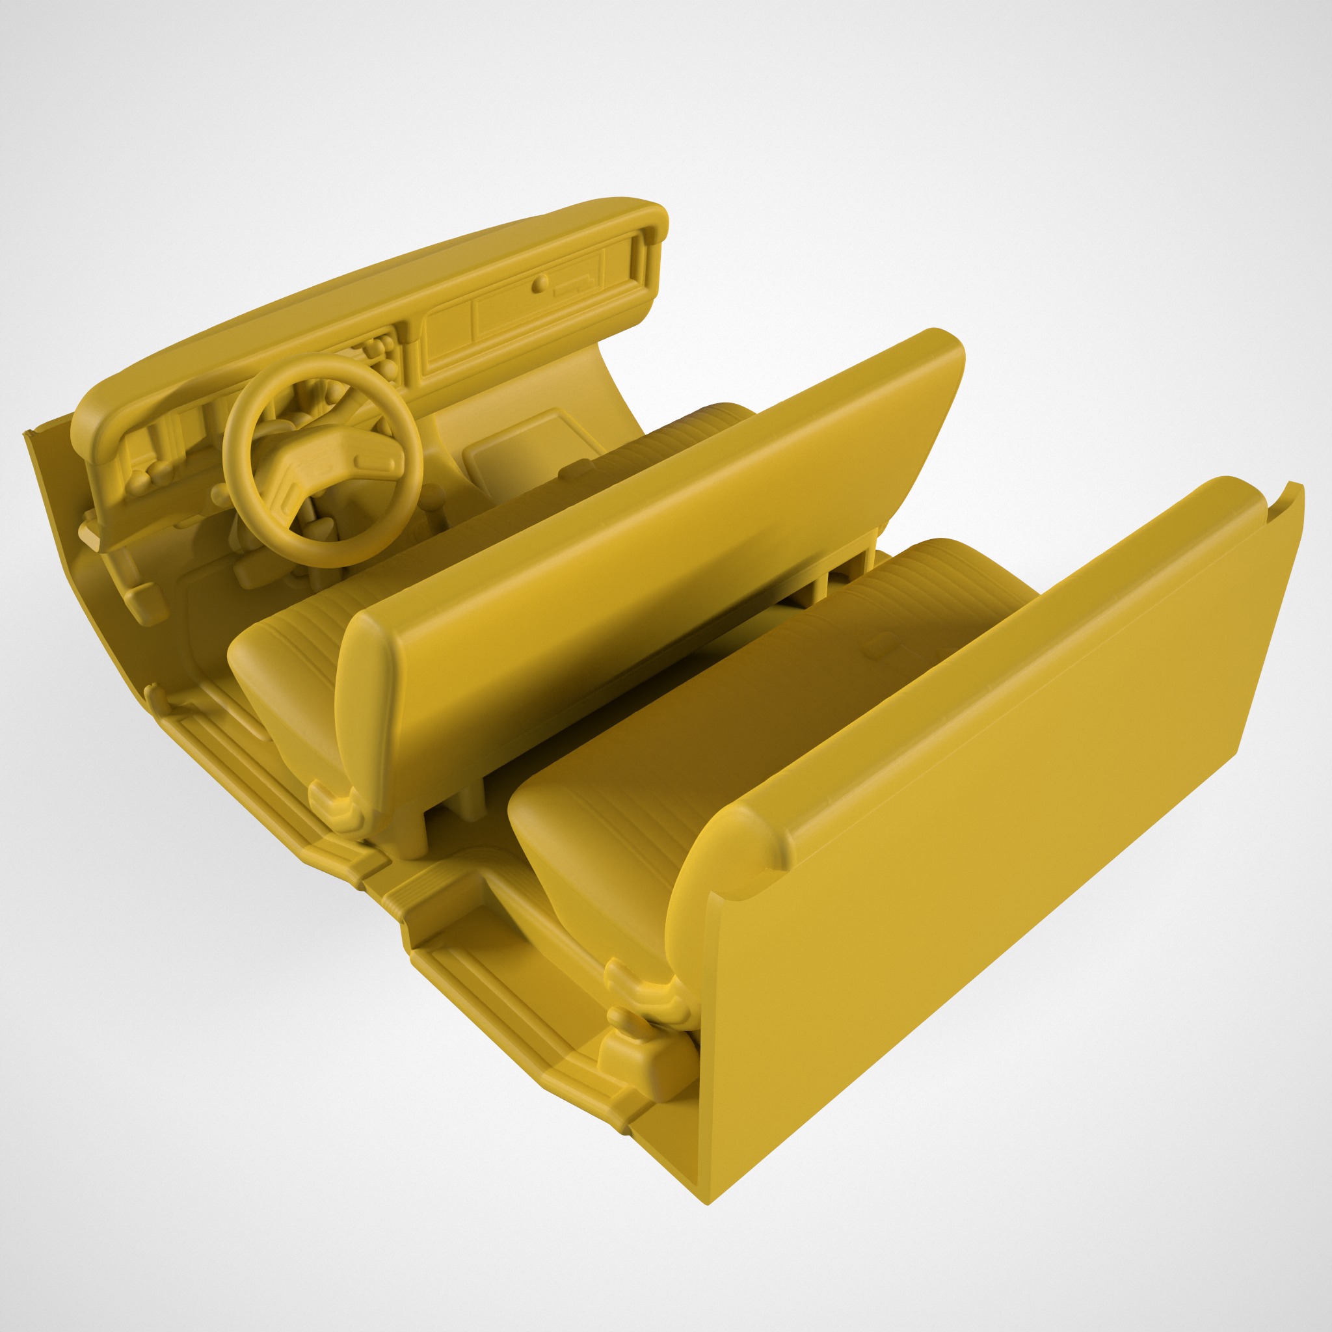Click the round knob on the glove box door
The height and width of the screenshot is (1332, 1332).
pos(542,281)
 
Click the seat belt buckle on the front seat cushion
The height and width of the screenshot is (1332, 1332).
pos(576,470)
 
